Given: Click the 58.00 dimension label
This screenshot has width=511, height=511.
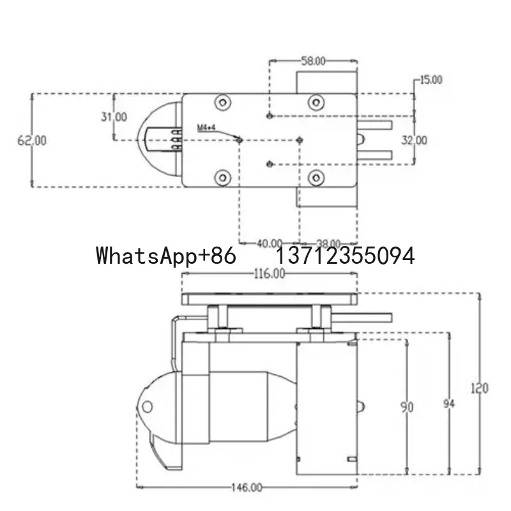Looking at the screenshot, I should click(313, 61).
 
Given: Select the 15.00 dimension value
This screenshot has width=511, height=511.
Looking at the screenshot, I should click(431, 80).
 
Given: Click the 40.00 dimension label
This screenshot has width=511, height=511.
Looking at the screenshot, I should click(269, 243).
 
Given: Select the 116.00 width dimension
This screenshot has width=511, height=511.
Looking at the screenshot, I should click(269, 273).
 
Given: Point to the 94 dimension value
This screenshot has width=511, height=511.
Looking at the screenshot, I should click(450, 404).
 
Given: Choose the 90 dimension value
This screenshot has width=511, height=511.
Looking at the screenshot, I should click(406, 406).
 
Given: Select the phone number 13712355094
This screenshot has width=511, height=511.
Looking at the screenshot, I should click(345, 256).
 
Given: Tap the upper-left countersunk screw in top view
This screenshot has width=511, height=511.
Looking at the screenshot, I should click(223, 102).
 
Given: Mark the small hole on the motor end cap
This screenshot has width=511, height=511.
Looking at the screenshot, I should click(148, 406).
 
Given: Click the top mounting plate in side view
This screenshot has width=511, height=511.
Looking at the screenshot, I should click(269, 298).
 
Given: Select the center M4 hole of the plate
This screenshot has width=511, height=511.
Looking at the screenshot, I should click(300, 139).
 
